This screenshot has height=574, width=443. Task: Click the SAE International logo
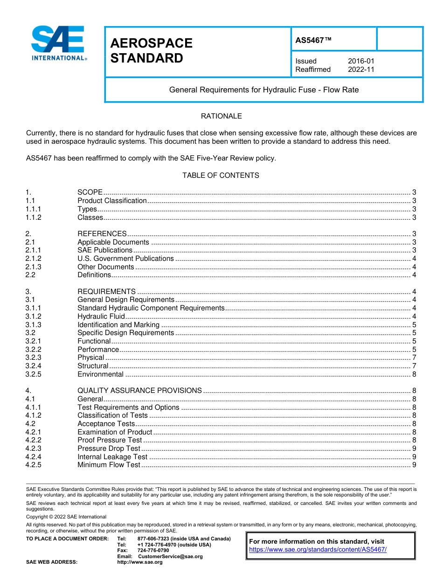click(58, 43)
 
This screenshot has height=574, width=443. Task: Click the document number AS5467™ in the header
click(313, 41)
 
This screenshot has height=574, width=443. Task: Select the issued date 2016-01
click(361, 61)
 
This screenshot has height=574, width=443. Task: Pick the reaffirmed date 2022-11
click(361, 70)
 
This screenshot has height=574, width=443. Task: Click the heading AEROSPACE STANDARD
click(151, 50)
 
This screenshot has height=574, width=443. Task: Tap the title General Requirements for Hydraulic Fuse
click(264, 90)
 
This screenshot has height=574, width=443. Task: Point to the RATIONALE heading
click(221, 116)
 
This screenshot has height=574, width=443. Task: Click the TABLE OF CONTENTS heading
click(221, 175)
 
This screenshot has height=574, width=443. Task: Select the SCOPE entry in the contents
click(90, 192)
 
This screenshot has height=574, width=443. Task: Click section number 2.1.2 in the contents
click(34, 259)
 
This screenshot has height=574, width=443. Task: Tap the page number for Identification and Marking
click(414, 325)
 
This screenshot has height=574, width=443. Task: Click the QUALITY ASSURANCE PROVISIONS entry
click(139, 391)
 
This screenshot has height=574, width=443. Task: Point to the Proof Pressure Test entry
click(110, 440)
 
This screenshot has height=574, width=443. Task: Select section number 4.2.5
click(34, 465)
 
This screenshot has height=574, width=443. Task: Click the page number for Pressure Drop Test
click(414, 448)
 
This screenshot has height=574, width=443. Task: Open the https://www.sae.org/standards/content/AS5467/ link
click(318, 550)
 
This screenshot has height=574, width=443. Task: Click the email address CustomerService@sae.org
click(170, 556)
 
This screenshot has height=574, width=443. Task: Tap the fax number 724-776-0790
click(153, 551)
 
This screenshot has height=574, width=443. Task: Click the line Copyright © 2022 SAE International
click(66, 517)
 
